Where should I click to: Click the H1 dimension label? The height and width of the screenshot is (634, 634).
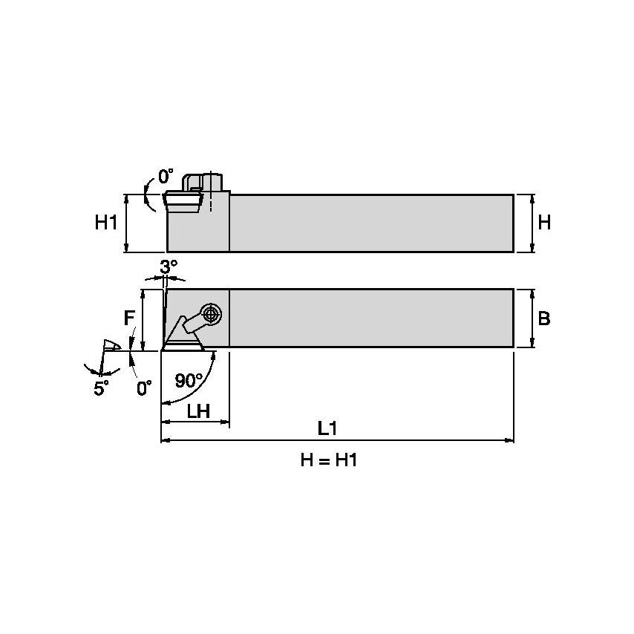pyautogui.click(x=106, y=222)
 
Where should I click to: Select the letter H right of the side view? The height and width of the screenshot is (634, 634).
pyautogui.click(x=544, y=222)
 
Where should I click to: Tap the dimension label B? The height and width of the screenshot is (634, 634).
pyautogui.click(x=544, y=318)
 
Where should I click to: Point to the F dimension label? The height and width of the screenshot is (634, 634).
pyautogui.click(x=129, y=318)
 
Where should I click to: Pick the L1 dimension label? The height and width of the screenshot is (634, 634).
pyautogui.click(x=327, y=428)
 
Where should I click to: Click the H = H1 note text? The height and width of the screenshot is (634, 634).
pyautogui.click(x=329, y=460)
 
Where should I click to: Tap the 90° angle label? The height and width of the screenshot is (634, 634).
pyautogui.click(x=189, y=381)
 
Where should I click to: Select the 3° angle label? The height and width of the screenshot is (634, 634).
pyautogui.click(x=169, y=265)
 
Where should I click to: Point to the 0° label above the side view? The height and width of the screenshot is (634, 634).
pyautogui.click(x=166, y=177)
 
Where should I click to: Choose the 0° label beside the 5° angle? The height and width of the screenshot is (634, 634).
pyautogui.click(x=144, y=387)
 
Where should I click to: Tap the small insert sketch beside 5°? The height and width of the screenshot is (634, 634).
pyautogui.click(x=112, y=346)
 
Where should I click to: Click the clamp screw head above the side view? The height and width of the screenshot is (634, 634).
pyautogui.click(x=212, y=182)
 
